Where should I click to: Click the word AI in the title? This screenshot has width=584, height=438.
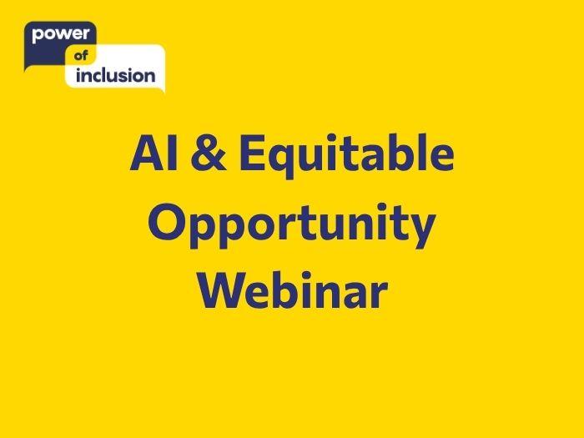(154, 153)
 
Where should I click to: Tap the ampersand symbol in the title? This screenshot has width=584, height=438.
(209, 153)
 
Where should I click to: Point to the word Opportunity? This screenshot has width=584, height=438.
(292, 224)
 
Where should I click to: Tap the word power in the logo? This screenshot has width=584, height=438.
(61, 35)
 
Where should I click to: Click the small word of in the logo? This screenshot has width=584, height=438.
(81, 56)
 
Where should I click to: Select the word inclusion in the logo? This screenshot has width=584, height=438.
(115, 75)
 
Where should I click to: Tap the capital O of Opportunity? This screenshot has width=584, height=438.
(166, 221)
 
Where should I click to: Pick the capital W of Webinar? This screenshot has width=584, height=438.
(223, 289)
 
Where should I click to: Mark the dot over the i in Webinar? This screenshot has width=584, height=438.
(306, 275)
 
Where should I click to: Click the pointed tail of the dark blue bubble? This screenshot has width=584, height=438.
(25, 69)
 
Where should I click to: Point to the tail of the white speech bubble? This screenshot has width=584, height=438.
(163, 90)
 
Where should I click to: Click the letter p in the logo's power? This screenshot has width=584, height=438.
(38, 36)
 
